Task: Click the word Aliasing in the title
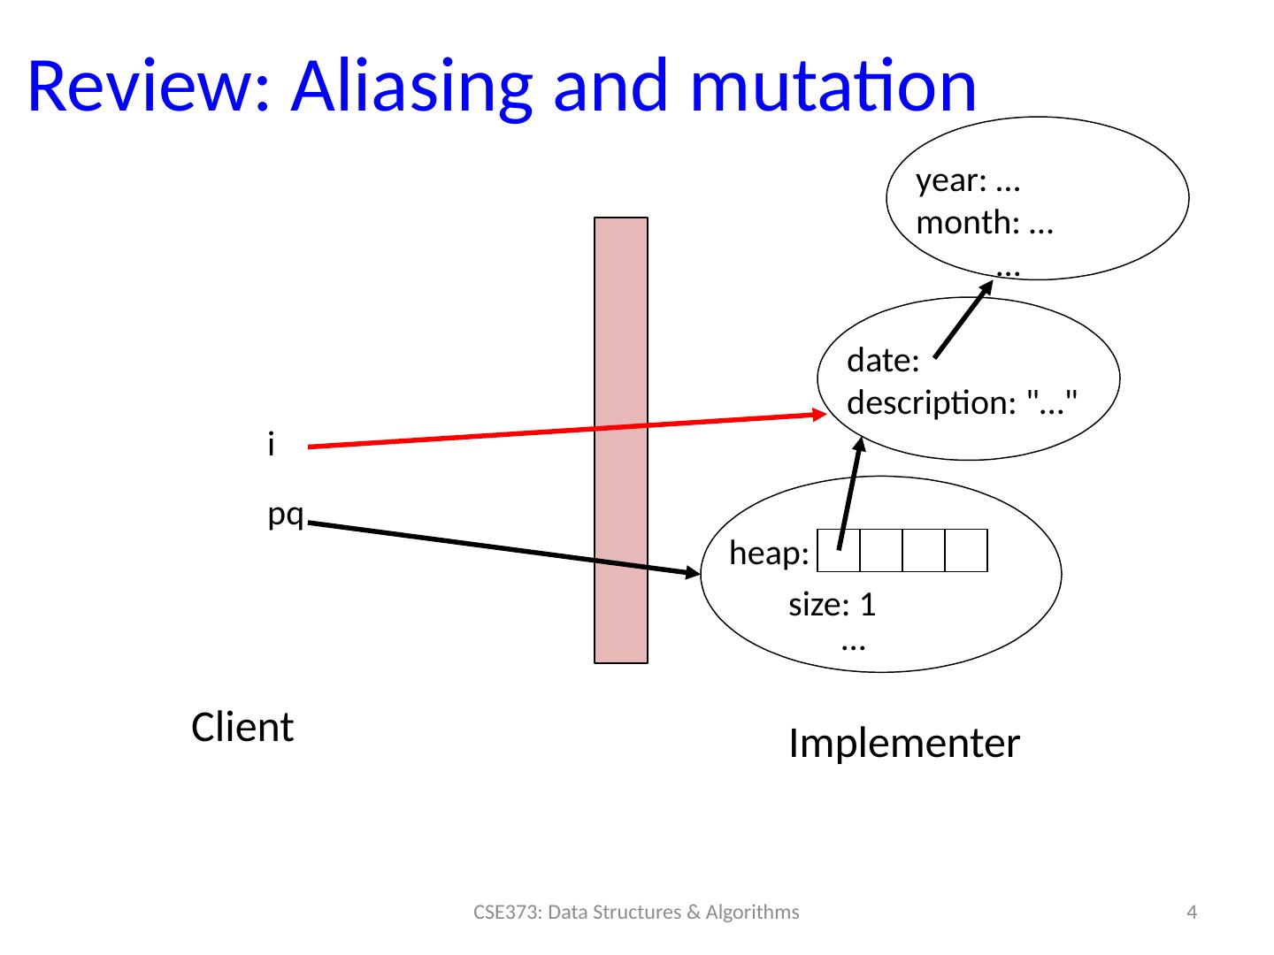tap(411, 87)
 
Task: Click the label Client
tap(242, 728)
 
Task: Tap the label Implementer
tap(903, 744)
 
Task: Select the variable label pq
tap(286, 515)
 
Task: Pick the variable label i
tap(271, 446)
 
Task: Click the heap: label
tap(769, 554)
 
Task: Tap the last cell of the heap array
tap(966, 550)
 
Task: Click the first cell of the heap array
tap(839, 550)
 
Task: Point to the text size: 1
tap(832, 606)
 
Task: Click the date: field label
tap(883, 361)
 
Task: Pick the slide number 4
tap(1192, 913)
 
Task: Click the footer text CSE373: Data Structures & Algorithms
tap(636, 913)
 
